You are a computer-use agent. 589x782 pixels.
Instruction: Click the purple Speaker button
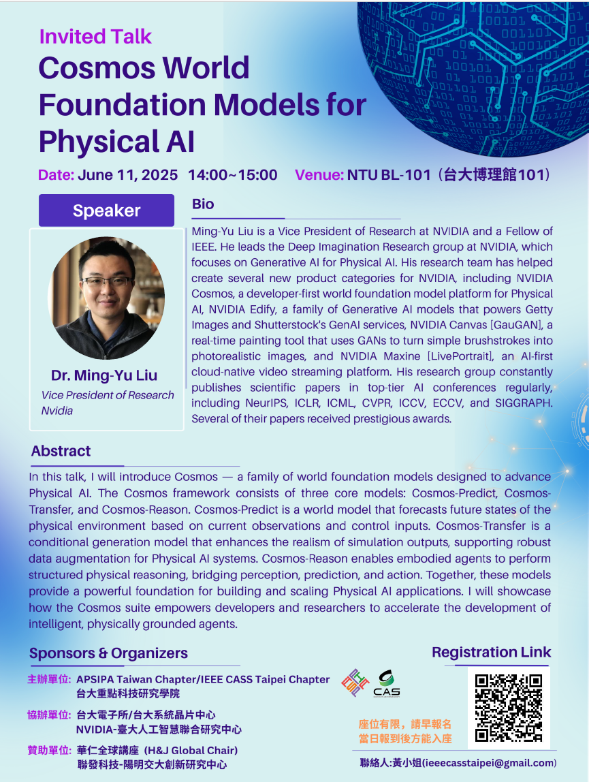pos(106,210)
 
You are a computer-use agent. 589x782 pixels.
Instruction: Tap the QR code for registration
pos(508,708)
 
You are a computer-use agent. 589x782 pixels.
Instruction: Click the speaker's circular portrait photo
pos(106,298)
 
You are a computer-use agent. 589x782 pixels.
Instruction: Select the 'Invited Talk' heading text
pos(95,36)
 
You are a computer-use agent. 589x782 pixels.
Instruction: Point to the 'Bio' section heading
pos(203,204)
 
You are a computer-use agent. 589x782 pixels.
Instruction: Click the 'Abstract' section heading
pos(61,451)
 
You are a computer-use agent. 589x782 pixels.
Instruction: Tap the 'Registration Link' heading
pos(491,652)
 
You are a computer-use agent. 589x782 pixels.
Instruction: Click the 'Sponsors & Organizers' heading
pos(109,653)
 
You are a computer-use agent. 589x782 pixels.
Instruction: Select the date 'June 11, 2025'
pos(128,175)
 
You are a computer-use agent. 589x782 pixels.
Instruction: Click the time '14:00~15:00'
pos(233,175)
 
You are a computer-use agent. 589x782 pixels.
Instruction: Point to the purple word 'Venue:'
pos(319,175)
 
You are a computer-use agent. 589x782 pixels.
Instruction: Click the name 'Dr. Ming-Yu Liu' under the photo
pos(104,375)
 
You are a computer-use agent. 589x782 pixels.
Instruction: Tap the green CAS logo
pos(387,684)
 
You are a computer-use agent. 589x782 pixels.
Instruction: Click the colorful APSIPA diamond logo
pos(355,683)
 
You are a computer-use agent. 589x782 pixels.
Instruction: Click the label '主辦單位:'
pos(49,679)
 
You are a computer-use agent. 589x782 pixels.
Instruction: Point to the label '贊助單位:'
pos(49,750)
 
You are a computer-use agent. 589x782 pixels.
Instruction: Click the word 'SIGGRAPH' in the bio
pos(524,403)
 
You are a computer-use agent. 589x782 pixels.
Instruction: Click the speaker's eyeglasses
pos(107,282)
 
